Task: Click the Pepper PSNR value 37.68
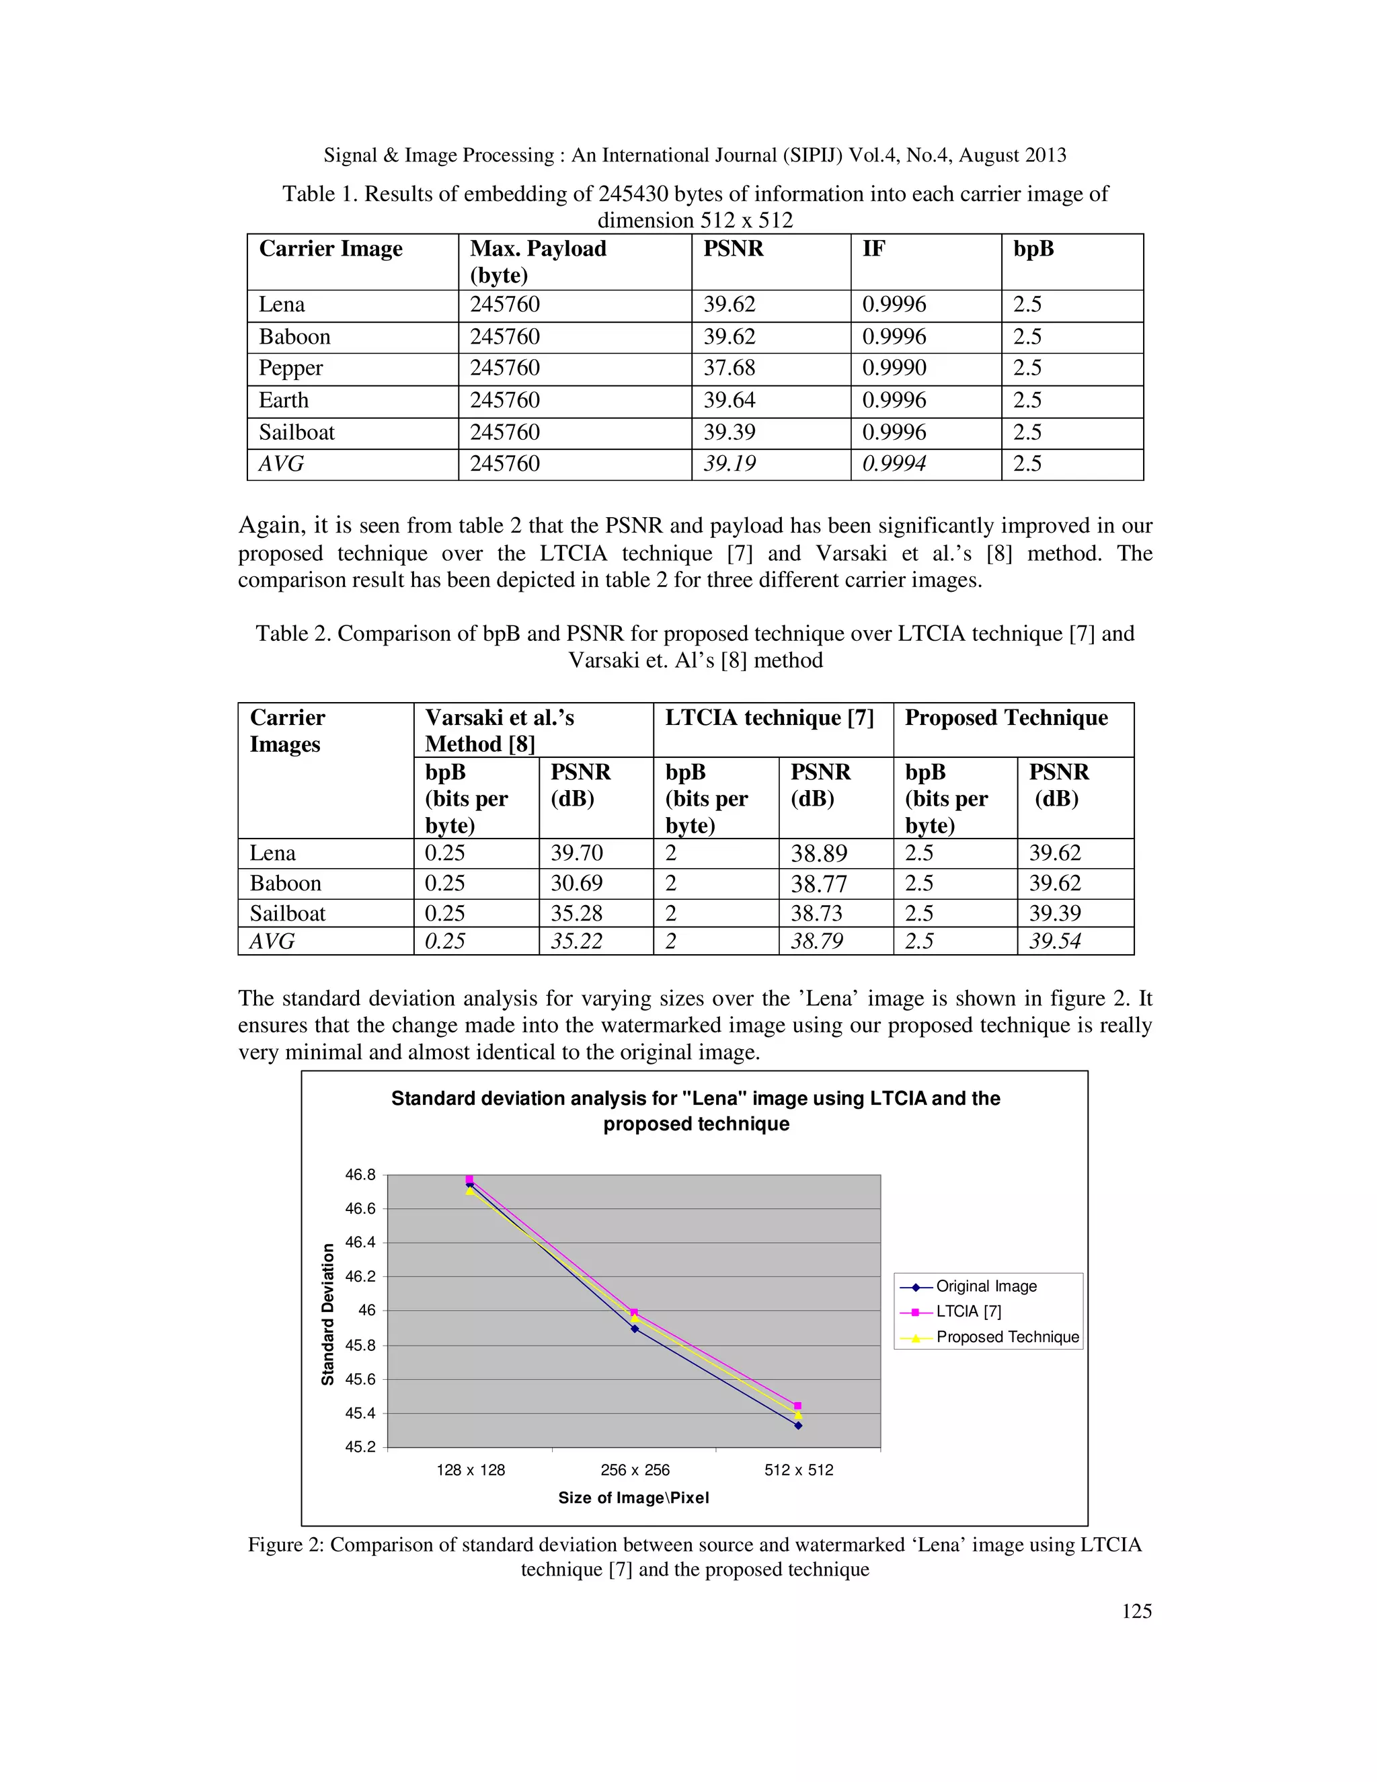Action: point(730,368)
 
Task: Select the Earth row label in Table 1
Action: point(284,401)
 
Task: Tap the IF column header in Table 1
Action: point(873,249)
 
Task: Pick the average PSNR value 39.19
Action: point(730,464)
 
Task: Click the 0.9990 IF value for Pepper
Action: point(894,368)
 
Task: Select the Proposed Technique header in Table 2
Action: point(1006,718)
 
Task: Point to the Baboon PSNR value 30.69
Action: point(577,884)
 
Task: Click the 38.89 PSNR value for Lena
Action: point(819,854)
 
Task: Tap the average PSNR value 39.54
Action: point(1055,941)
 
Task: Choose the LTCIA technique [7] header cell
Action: point(769,718)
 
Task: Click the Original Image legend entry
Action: point(986,1286)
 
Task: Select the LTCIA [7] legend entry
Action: point(968,1312)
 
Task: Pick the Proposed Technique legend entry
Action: point(1007,1338)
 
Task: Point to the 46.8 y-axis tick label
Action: point(360,1175)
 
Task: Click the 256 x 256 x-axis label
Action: point(635,1470)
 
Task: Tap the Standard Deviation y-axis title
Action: point(328,1315)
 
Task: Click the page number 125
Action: point(1136,1611)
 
